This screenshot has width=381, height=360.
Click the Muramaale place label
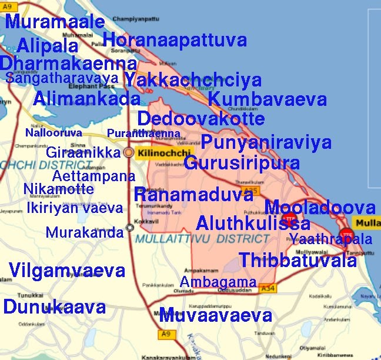click(55, 23)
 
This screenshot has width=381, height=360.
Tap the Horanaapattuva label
click(174, 40)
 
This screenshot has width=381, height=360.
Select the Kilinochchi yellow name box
click(158, 154)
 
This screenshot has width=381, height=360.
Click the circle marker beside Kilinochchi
click(129, 153)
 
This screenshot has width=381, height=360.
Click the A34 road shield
click(268, 289)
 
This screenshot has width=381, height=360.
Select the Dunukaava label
click(55, 306)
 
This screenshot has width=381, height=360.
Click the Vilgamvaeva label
click(67, 271)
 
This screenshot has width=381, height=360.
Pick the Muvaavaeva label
click(215, 315)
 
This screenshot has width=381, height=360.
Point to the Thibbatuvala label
click(298, 260)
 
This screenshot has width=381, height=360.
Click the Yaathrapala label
click(330, 239)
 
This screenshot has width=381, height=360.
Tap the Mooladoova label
click(320, 208)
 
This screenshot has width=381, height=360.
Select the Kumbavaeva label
click(267, 99)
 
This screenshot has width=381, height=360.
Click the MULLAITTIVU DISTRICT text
click(202, 239)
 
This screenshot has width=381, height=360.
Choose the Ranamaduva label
click(193, 195)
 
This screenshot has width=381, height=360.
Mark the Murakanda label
click(85, 232)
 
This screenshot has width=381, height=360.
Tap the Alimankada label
click(86, 99)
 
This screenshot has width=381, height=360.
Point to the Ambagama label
click(218, 282)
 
